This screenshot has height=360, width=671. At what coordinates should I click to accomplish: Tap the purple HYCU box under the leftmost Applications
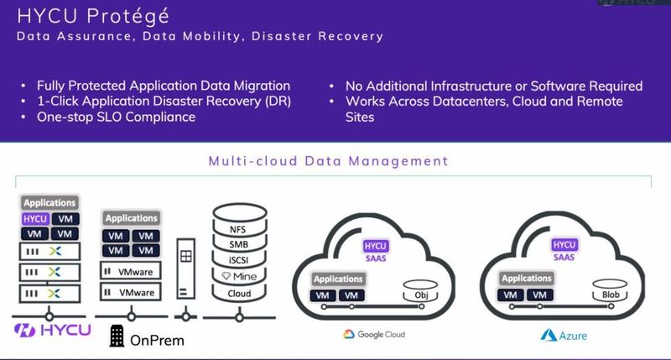[x=34, y=218]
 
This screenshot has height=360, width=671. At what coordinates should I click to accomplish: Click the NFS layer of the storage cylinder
[x=239, y=228]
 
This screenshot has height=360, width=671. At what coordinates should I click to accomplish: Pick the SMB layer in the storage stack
[x=239, y=244]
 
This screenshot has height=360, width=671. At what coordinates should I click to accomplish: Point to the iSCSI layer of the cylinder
[x=239, y=260]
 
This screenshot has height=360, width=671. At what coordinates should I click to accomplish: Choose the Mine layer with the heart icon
[x=239, y=277]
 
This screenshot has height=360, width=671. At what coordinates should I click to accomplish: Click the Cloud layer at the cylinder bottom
[x=239, y=294]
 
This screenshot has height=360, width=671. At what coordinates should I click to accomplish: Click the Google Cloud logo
[x=374, y=334]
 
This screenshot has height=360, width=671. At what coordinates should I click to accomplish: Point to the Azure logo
[x=564, y=335]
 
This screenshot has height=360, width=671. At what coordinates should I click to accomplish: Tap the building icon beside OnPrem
[x=117, y=337]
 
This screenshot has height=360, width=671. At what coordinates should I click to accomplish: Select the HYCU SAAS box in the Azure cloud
[x=564, y=250]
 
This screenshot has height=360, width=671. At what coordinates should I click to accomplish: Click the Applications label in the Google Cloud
[x=338, y=279]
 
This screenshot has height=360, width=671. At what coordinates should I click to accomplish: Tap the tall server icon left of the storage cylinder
[x=187, y=273]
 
